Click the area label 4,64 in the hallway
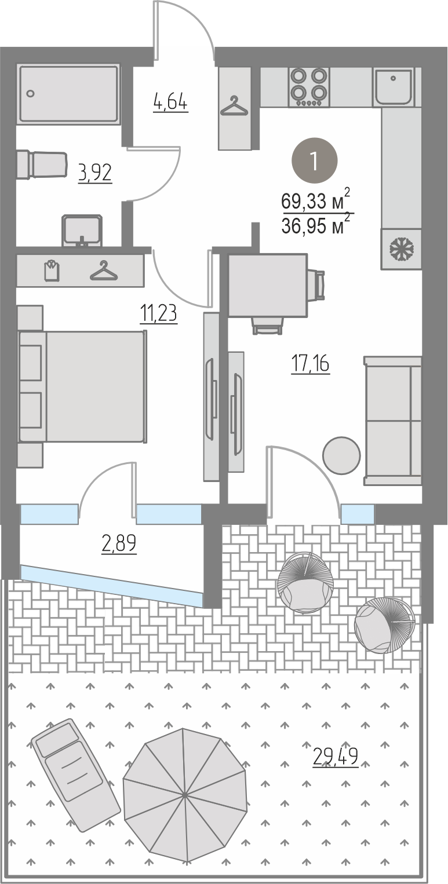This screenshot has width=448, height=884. coord(170,103)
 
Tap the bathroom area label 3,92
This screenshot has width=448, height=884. coord(95,173)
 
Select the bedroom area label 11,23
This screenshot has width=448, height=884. coord(158,314)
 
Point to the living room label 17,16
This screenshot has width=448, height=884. coord(310,364)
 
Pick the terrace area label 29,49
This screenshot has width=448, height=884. coord(336,757)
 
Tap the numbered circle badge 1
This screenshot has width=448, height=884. coord(315,160)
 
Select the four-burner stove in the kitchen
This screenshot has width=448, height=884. coord(309,87)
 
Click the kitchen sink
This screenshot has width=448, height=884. coord(393,86)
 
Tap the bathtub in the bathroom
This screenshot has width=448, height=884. coord(69,94)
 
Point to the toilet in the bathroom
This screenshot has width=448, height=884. coord(41,165)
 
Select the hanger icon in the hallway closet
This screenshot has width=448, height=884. coord(235,105)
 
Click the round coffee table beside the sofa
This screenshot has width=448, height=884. coord(341,455)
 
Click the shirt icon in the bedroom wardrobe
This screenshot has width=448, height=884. coord(52,270)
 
